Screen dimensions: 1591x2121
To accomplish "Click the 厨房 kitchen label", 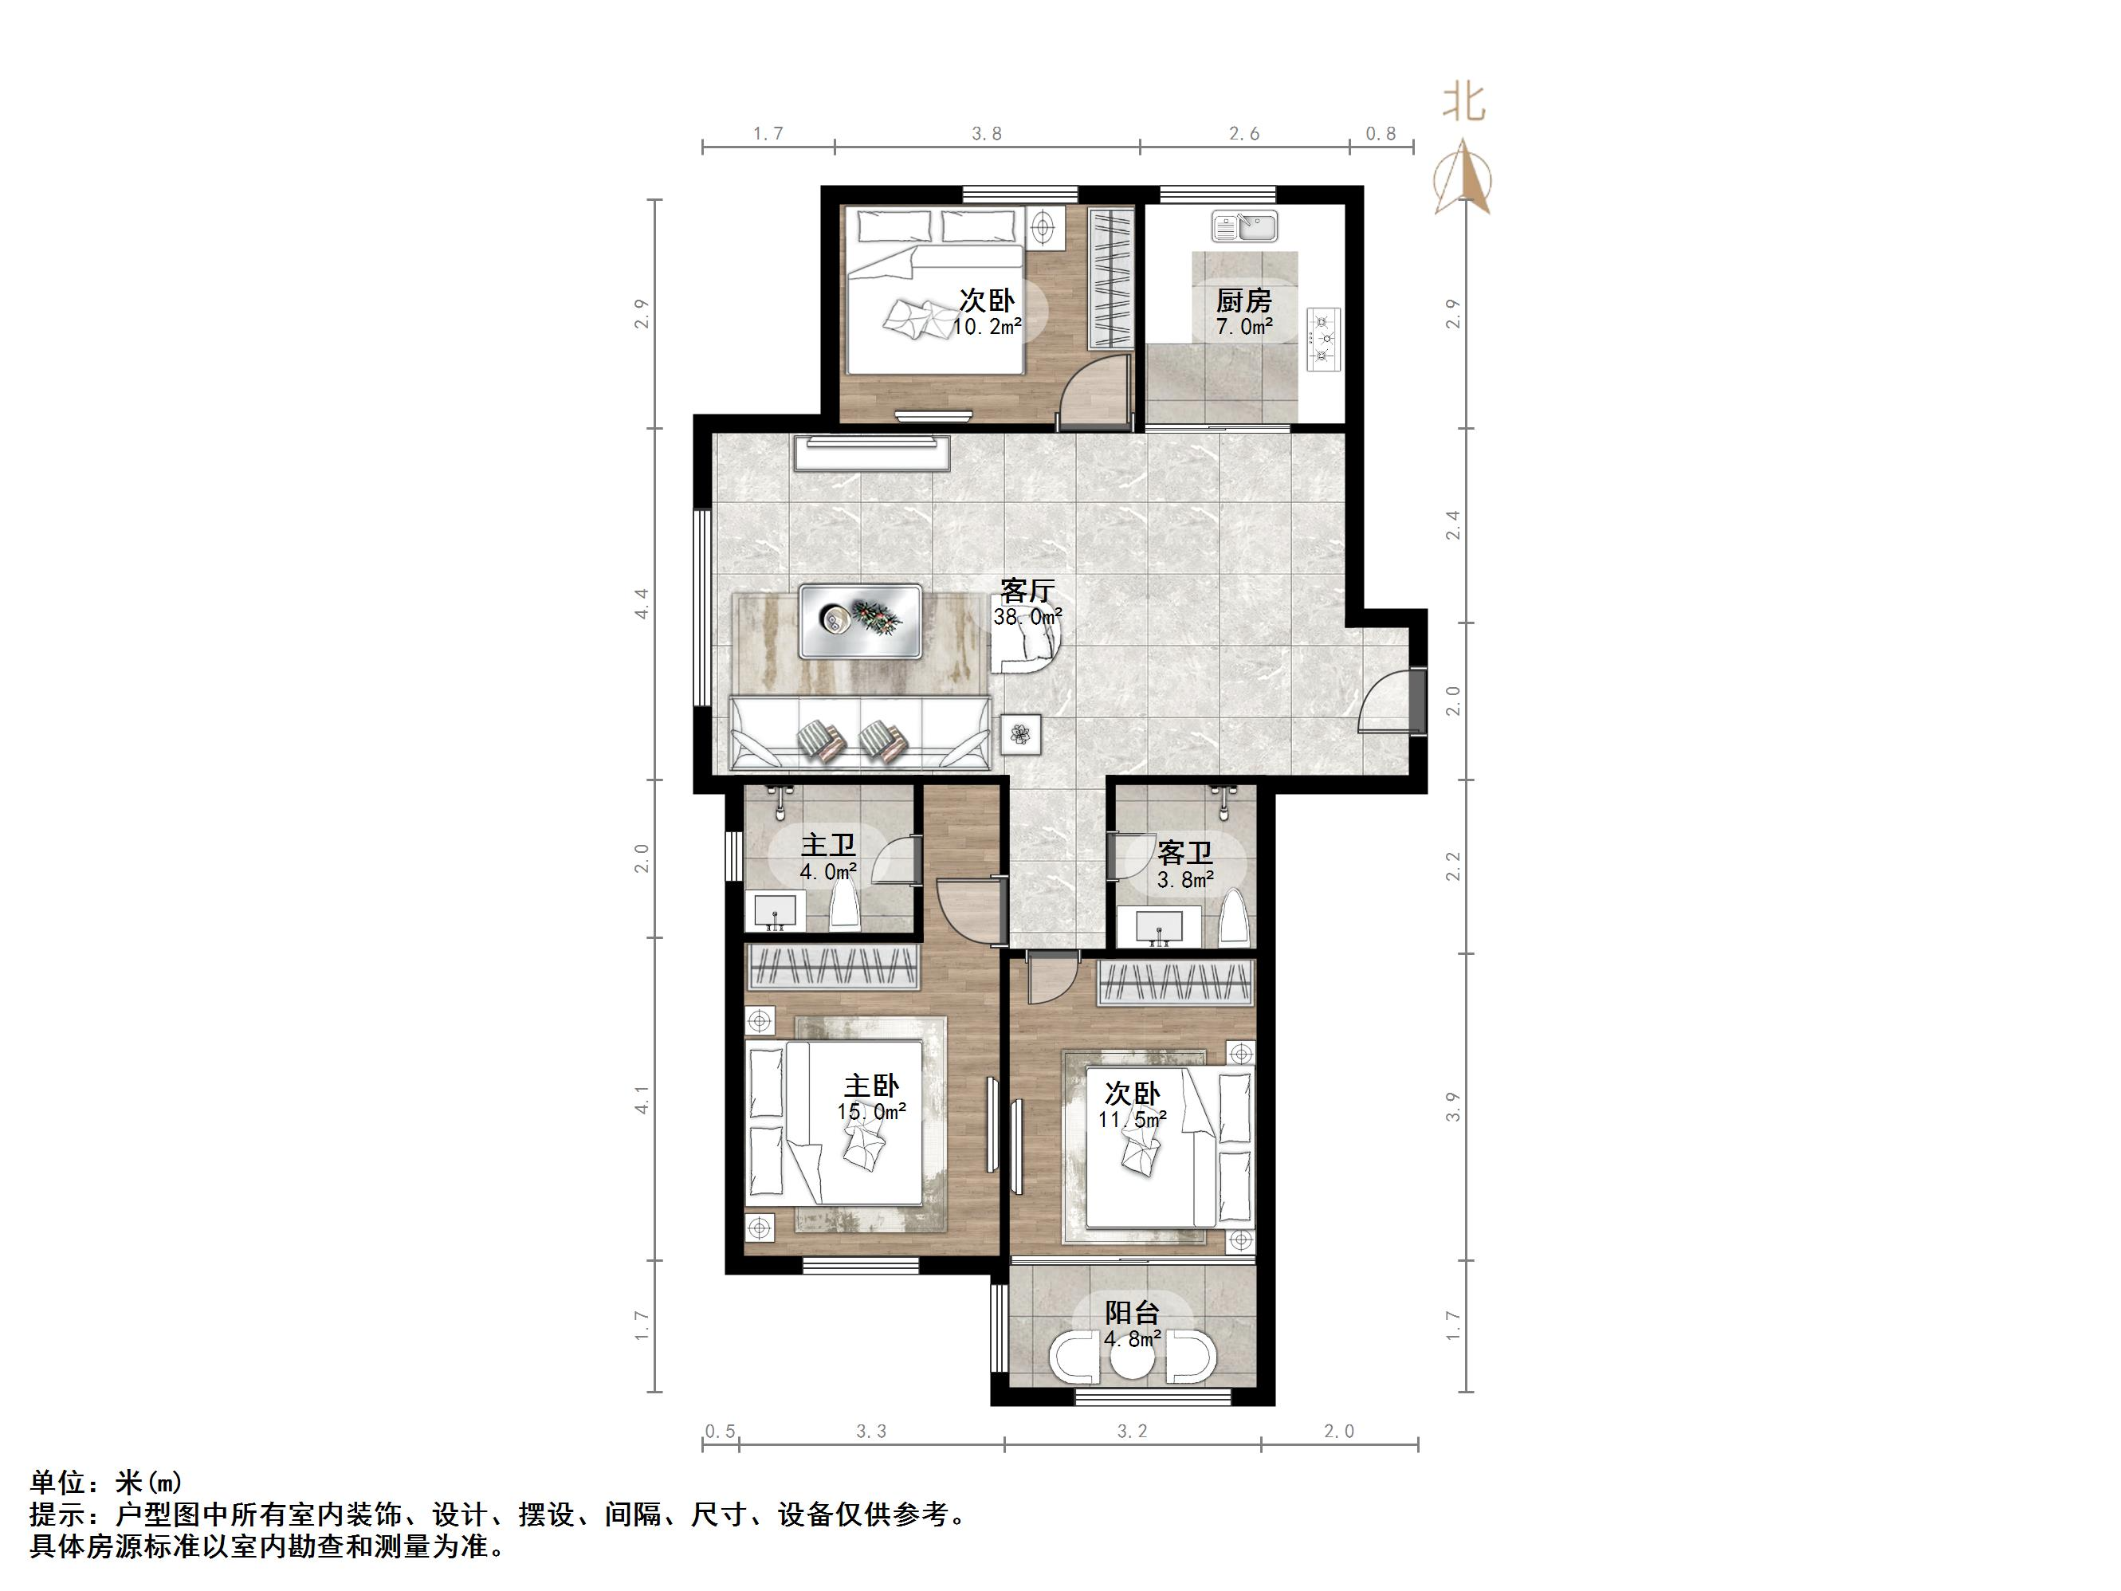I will click(1243, 301).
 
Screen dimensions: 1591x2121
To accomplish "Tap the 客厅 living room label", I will click(1027, 590).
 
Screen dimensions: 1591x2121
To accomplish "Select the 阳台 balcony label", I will click(1133, 1312).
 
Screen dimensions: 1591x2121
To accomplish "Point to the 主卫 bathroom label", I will click(828, 845).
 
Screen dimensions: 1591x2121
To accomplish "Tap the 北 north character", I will click(1464, 104).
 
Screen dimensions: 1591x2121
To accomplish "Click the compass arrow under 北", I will click(1463, 179).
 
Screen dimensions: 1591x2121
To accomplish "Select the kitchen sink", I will click(1243, 227).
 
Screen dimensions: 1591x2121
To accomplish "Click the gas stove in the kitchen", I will click(1324, 339).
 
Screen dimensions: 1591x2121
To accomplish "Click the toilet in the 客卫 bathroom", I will click(1233, 919).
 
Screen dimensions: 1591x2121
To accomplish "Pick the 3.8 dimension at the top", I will click(987, 134).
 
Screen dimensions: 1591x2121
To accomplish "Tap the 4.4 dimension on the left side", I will click(642, 603).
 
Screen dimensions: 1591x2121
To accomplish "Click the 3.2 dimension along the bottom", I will click(1132, 1432).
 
